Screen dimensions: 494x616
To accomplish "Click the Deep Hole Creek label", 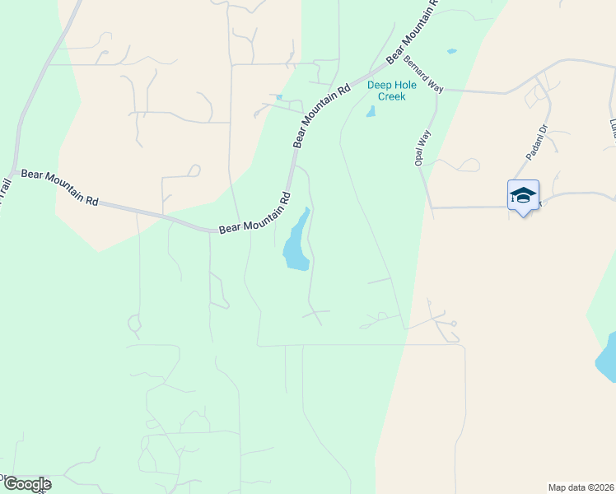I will tap(392, 91).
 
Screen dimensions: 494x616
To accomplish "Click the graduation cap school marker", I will tap(523, 196).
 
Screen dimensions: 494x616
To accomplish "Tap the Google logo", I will tap(26, 484).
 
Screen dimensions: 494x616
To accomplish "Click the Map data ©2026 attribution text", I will tap(580, 487).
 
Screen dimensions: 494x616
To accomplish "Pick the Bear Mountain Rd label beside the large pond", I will tap(255, 217).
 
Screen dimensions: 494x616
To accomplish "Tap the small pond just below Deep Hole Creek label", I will tap(371, 111).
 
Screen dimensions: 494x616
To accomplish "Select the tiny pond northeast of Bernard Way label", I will tap(451, 52).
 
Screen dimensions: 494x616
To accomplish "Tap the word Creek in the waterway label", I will tap(392, 96).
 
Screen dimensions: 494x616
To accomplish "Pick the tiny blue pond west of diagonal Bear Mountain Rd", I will tap(278, 98).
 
